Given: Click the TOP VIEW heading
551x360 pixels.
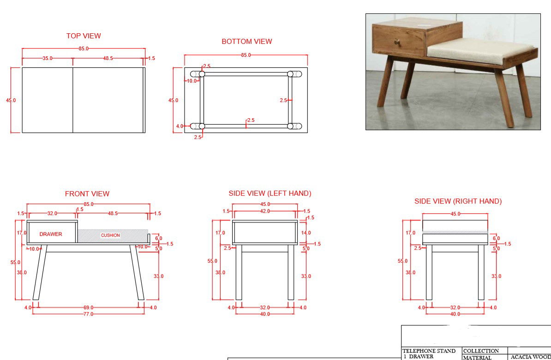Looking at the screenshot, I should [84, 36].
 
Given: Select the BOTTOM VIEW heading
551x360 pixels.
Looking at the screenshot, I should [247, 42].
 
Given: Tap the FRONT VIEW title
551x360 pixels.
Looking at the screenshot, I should [87, 194].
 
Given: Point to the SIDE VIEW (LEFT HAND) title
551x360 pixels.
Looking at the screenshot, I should [270, 193].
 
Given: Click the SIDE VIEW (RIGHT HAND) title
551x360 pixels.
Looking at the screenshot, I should [458, 201].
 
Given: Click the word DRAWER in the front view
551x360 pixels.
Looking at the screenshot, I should [51, 234].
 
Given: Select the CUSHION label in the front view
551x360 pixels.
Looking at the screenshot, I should [110, 235].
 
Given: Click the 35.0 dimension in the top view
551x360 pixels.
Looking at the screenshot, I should [48, 59].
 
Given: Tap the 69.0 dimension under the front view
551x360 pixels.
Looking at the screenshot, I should [88, 307].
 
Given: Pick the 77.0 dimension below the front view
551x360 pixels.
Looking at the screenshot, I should [88, 314].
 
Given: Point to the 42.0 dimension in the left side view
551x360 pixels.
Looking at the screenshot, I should [265, 211].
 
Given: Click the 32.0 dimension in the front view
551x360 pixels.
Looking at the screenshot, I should [52, 213].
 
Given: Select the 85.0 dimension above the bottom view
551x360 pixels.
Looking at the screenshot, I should [246, 55].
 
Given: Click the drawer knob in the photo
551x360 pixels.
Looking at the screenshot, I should [396, 42].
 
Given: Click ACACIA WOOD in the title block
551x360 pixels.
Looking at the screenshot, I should [530, 357].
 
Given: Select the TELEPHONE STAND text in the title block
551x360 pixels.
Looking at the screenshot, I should [429, 351].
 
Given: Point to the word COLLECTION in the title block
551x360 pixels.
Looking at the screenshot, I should [481, 351].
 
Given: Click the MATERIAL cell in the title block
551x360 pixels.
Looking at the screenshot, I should [478, 357].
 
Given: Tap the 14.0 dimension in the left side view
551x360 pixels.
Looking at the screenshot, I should [306, 233].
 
